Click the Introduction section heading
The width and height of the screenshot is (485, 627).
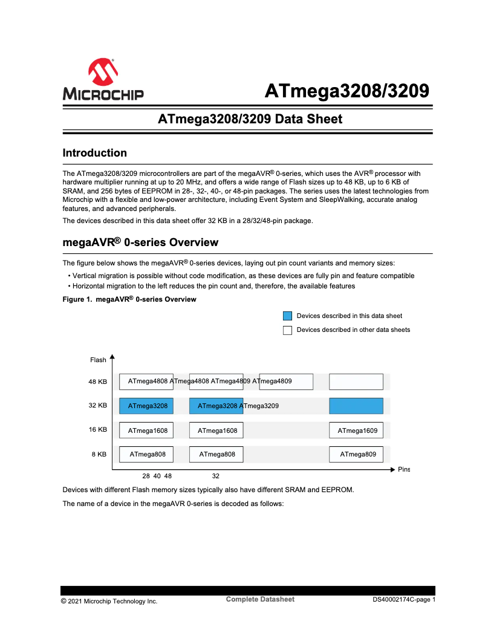click(95, 153)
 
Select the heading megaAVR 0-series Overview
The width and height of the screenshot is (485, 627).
click(140, 242)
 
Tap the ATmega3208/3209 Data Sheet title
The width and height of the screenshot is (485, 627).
click(250, 119)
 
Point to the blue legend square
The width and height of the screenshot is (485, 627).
click(287, 316)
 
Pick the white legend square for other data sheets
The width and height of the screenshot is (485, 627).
click(287, 330)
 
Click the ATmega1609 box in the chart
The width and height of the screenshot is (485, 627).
click(357, 430)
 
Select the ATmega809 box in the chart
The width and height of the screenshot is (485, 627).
click(357, 454)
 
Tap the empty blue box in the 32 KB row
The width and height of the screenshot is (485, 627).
click(356, 406)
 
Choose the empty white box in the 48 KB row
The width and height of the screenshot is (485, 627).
click(356, 382)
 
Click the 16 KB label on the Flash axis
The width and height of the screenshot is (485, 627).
click(97, 430)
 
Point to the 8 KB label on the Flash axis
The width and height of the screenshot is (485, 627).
click(99, 453)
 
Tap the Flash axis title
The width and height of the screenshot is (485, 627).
click(98, 360)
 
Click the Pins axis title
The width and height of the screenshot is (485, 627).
click(403, 470)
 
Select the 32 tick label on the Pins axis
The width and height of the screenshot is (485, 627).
click(215, 476)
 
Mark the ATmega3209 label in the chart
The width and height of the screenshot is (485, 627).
click(261, 406)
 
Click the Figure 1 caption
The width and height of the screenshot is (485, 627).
click(129, 299)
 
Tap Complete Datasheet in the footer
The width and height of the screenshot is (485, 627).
click(260, 599)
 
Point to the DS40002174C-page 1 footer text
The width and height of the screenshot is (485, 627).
click(403, 600)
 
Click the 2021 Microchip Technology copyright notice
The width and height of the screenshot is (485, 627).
click(109, 601)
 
